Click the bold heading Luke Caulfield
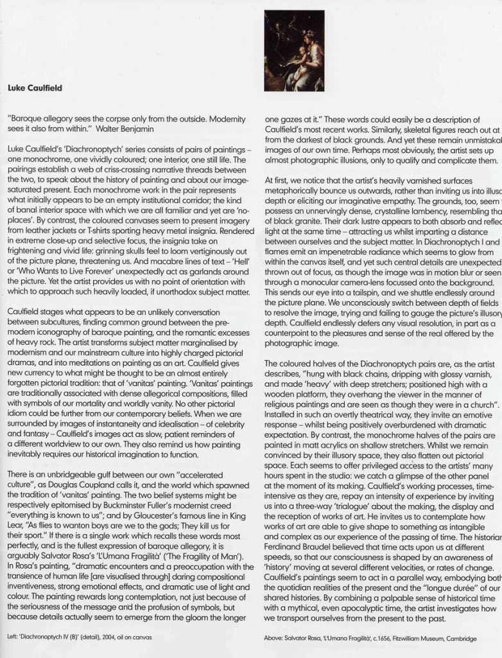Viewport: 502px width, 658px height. coord(35,88)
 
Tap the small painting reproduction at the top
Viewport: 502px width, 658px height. coord(294,50)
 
